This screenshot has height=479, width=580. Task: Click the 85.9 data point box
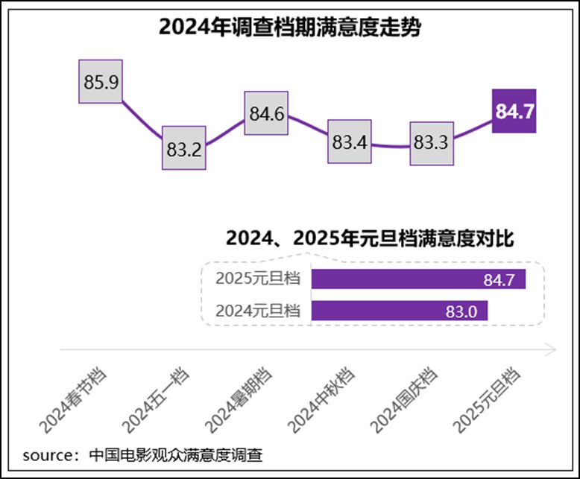[101, 81]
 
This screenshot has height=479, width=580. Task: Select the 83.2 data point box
[184, 149]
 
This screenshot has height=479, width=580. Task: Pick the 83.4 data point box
[350, 142]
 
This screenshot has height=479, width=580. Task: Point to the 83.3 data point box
[431, 142]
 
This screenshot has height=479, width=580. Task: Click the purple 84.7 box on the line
[514, 112]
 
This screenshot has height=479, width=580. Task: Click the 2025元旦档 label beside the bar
[257, 279]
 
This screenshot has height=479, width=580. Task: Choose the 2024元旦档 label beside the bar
[257, 311]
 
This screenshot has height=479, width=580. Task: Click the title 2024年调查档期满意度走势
[290, 28]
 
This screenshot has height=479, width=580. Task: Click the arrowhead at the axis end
[552, 349]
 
